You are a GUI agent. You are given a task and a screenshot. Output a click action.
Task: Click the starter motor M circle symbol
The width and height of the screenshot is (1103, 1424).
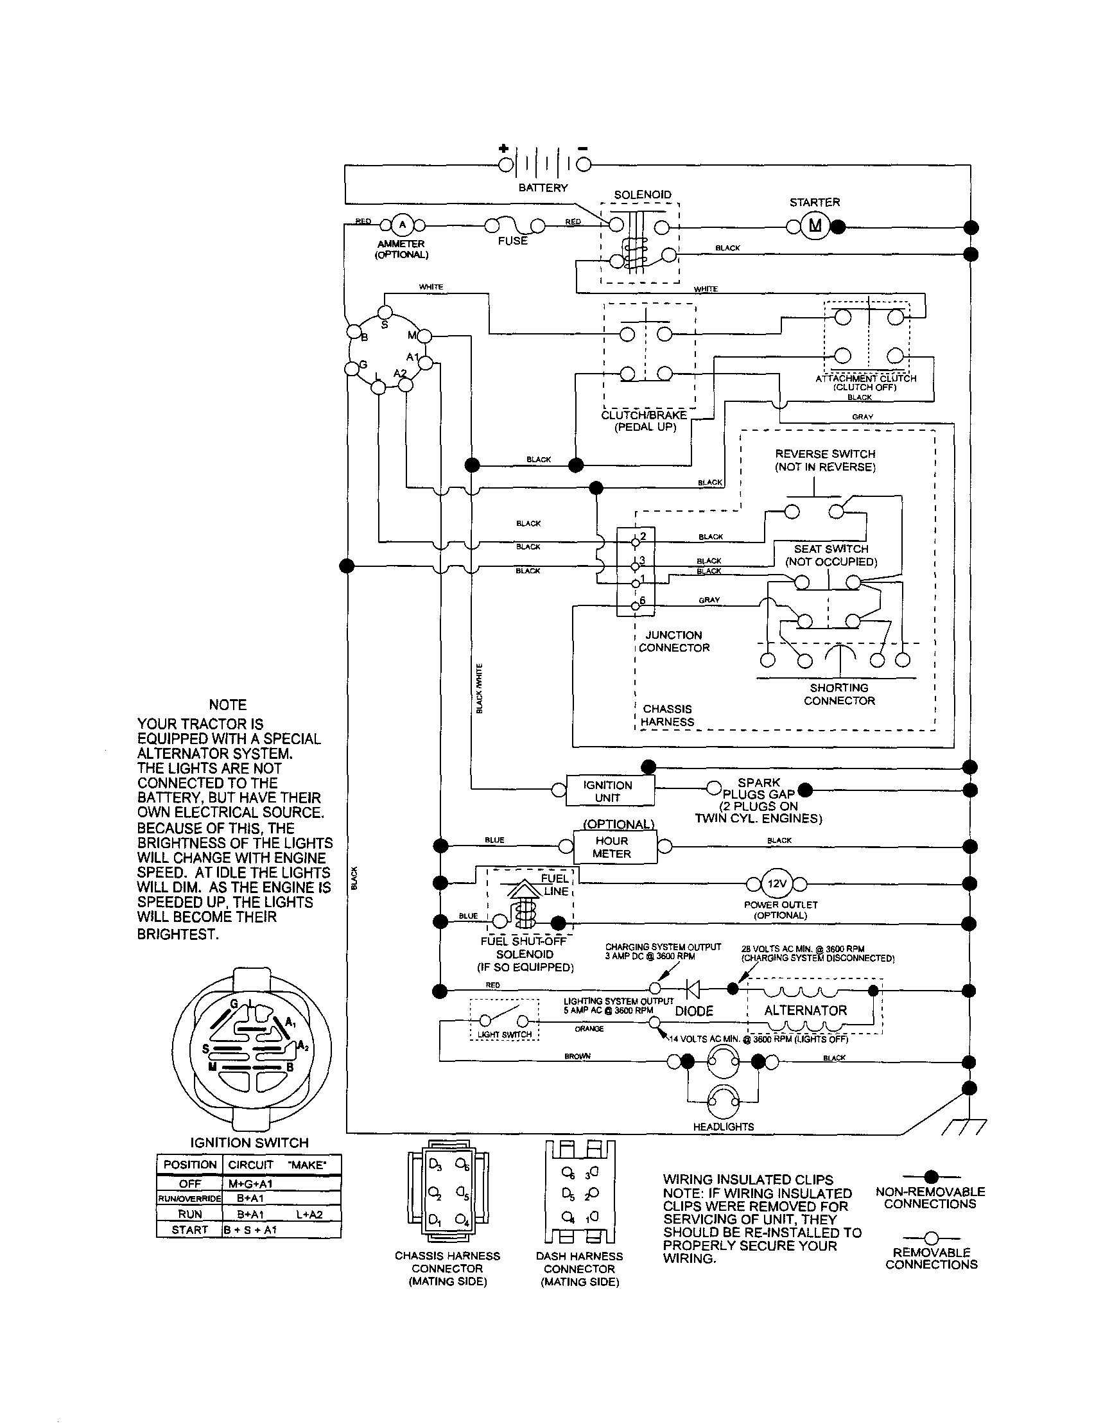814,227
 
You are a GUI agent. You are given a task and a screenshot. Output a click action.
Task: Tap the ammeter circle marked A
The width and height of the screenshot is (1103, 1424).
401,225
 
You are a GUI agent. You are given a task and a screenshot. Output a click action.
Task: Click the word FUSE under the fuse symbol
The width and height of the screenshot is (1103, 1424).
512,241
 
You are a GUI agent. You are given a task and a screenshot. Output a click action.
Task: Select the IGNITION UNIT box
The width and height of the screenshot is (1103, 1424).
607,791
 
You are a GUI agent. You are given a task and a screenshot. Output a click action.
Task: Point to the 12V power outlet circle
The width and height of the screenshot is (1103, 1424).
776,884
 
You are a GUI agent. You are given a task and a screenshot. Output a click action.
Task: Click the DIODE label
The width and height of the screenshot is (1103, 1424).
693,1011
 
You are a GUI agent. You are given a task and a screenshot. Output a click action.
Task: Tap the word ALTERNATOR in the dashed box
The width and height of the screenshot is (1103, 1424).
805,1010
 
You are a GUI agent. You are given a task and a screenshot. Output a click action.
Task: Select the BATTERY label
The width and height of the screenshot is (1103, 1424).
543,187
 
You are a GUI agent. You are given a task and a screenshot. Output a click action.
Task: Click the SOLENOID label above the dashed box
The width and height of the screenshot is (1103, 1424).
642,195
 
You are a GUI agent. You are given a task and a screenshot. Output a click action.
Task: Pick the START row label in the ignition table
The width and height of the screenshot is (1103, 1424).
189,1229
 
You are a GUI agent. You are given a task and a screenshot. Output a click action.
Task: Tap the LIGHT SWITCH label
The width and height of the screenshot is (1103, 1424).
504,1034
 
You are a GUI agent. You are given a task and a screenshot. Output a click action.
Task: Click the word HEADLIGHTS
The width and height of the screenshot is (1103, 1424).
724,1126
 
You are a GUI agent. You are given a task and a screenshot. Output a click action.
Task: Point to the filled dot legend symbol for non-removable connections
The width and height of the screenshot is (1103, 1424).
931,1176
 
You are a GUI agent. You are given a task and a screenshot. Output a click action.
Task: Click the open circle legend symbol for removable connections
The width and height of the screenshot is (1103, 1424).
931,1237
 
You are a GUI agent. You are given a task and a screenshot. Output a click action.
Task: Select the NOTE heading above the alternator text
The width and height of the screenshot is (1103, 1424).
227,705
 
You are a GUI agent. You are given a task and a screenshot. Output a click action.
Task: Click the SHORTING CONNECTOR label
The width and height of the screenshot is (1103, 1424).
839,694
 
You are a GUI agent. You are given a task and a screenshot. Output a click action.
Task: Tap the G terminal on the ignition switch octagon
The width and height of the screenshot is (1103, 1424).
352,368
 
